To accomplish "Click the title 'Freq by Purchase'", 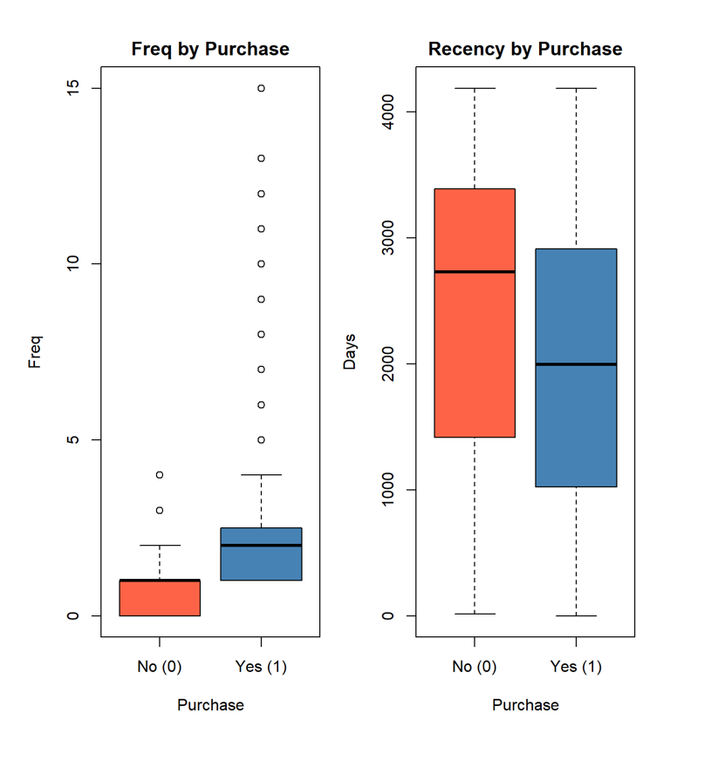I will click(209, 49).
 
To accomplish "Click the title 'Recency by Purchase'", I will click(525, 49).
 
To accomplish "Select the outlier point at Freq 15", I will click(261, 88).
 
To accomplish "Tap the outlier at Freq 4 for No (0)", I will click(160, 475).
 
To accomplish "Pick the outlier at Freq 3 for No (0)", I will click(160, 510).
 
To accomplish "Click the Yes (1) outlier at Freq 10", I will click(261, 264).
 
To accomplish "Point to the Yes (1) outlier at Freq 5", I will click(261, 439).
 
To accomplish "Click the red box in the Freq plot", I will click(160, 598).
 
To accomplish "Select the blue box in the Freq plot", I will click(261, 562).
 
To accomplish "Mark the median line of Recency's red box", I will click(475, 272).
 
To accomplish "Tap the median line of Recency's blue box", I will click(576, 364).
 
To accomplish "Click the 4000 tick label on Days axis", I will click(386, 112).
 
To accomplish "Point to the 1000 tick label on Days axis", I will click(386, 490).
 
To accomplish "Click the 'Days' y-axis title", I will click(350, 351).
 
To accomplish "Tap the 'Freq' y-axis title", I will click(35, 351).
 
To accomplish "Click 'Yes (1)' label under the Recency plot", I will click(576, 667).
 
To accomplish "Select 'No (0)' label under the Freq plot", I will click(160, 667).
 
